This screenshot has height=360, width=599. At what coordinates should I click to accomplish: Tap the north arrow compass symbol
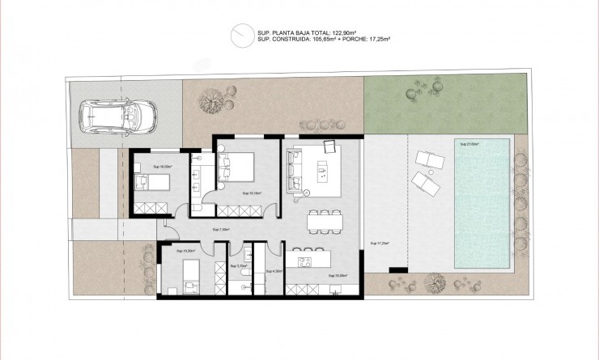click(x=240, y=34)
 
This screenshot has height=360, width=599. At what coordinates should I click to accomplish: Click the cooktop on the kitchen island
click(x=306, y=260)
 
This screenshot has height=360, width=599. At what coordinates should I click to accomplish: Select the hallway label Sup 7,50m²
click(x=220, y=230)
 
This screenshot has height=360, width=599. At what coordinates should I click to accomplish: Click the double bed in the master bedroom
click(x=240, y=166)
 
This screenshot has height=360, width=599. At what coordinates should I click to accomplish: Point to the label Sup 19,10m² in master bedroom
click(x=250, y=194)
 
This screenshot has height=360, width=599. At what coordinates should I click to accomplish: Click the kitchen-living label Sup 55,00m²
click(x=338, y=276)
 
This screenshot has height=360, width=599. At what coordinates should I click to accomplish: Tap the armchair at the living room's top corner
click(x=330, y=146)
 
